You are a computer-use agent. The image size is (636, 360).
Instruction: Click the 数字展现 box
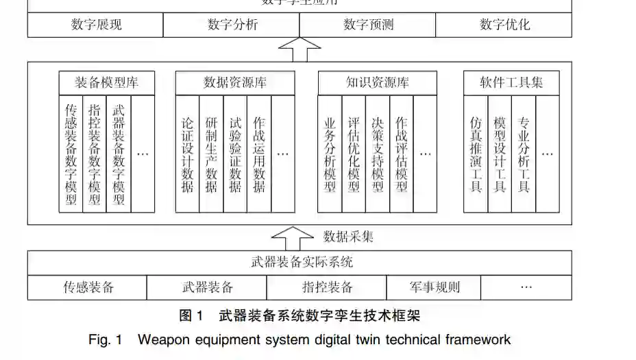(95, 25)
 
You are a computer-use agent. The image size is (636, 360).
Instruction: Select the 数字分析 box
(232, 25)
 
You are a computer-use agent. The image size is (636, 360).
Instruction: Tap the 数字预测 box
(367, 25)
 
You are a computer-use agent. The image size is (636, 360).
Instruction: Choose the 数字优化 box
(504, 25)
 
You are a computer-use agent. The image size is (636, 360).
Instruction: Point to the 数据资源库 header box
(235, 83)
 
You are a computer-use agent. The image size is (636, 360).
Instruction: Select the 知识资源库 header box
(378, 83)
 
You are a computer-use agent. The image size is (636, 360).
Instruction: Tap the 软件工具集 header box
(512, 83)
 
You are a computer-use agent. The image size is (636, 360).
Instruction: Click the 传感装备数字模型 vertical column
(71, 154)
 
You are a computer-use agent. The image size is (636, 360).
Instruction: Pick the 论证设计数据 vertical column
(187, 154)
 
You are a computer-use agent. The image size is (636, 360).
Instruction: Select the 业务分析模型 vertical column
(330, 154)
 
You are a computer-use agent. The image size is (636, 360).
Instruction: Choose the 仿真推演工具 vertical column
(476, 154)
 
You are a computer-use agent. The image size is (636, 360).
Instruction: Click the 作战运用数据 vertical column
(258, 154)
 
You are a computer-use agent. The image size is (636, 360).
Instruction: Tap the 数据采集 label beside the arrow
(348, 237)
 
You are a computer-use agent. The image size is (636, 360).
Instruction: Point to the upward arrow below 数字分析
(299, 49)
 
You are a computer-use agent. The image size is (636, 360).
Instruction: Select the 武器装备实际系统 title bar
(299, 262)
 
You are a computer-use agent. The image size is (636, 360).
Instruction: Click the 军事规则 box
(434, 287)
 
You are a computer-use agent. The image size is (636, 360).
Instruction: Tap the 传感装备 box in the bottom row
(88, 287)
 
